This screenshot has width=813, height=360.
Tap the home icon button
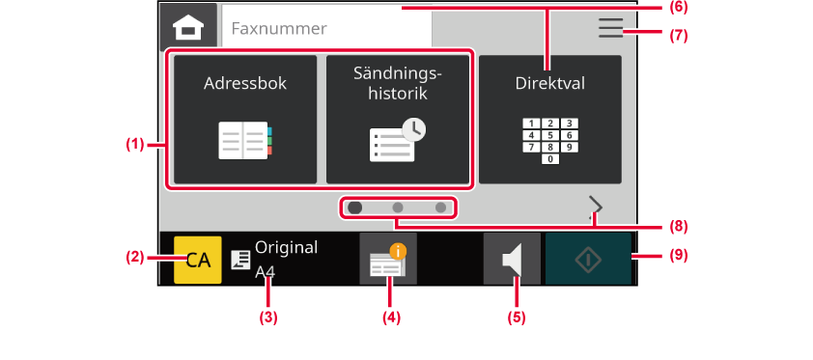click(188, 26)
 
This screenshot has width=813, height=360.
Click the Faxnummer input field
click(326, 28)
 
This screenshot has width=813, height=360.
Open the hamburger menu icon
click(611, 28)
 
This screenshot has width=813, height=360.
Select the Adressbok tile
click(244, 119)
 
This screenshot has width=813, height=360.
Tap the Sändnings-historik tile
click(397, 119)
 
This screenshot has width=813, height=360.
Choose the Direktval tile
click(549, 119)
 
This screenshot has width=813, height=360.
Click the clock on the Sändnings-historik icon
click(413, 130)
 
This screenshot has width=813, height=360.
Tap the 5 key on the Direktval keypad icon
click(550, 135)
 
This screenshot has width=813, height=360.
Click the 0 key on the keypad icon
click(550, 159)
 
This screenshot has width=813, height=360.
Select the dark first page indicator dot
click(355, 208)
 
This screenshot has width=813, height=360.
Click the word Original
click(286, 248)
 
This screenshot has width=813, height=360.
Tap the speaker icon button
click(512, 259)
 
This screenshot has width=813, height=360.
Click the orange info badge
click(398, 252)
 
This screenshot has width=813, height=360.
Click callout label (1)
click(134, 145)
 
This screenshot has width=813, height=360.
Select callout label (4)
click(392, 317)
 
